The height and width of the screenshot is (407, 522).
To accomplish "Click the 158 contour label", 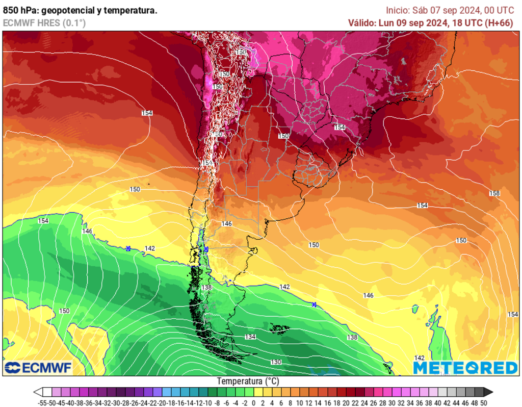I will (x=494, y=193).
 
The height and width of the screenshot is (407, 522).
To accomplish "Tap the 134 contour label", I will (x=250, y=337).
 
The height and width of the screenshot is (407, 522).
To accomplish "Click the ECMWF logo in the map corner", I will (x=38, y=368).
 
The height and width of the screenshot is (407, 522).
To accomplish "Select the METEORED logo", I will (x=465, y=368).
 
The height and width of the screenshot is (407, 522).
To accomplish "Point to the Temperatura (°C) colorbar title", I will (x=248, y=381).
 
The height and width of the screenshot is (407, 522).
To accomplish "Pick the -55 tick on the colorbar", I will (x=43, y=403).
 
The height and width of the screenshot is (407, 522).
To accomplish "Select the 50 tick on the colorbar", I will (x=484, y=403).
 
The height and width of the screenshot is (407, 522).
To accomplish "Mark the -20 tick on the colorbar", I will (x=168, y=403).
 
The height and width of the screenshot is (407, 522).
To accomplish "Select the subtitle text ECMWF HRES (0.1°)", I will (x=44, y=23).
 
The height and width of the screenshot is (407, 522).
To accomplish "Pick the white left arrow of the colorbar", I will (x=38, y=392).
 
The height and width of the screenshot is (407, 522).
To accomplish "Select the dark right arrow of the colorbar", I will (x=488, y=392).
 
